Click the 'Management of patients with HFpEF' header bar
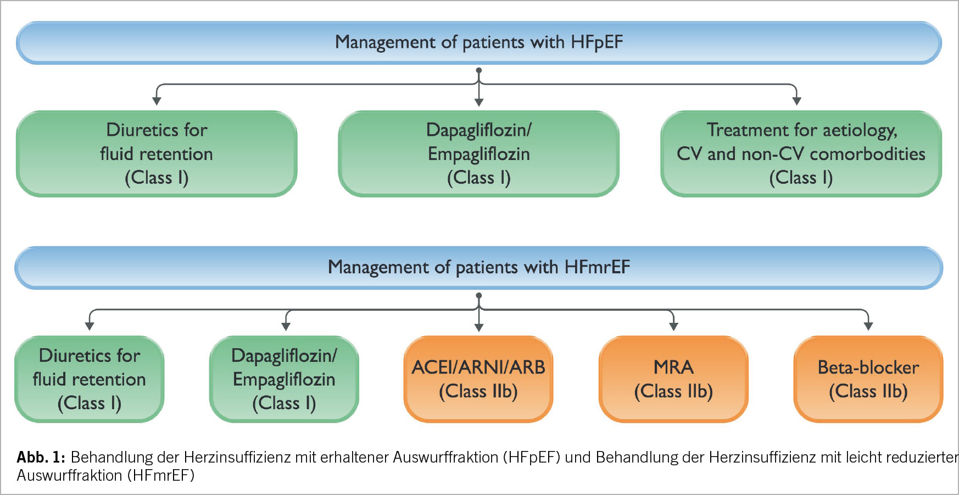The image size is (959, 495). pos(479,43)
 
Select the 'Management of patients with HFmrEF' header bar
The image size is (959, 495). pos(479,268)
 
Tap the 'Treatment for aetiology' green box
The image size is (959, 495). pos(801,154)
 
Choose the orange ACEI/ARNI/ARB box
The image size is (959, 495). pos(478,379)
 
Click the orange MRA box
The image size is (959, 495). pos(673,379)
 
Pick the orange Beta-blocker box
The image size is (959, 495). pos(868,379)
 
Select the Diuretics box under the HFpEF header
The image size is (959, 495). pos(157,154)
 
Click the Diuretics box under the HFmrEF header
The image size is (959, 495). pos(90,379)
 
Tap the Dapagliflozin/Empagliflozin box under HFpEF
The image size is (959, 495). pos(479,154)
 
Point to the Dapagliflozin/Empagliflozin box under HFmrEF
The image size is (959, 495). pos(284,379)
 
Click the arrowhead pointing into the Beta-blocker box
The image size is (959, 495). pos(868,327)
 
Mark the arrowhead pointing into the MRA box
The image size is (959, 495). pos(673,327)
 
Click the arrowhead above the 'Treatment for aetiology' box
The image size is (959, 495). pos(797,101)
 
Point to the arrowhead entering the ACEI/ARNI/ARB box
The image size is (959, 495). pos(479,327)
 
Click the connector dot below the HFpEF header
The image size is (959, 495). pos(479,70)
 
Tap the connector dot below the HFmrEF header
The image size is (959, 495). pos(479,295)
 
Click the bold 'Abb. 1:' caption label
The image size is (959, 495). pos(41,457)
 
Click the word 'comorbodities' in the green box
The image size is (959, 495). pos(867,154)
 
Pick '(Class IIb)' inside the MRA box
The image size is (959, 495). pos(673,392)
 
